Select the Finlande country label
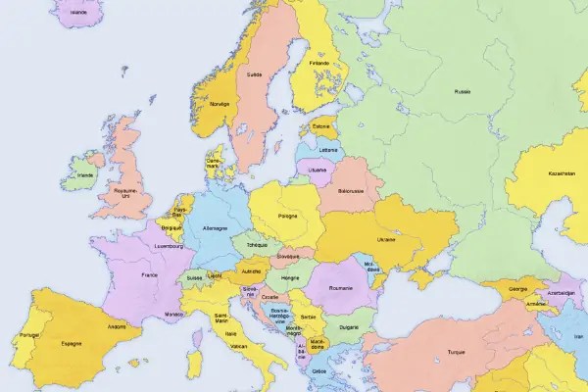point(318,64)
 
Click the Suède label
point(255,74)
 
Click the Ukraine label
point(386,239)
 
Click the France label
point(149,275)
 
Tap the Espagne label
point(71,344)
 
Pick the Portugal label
point(28,336)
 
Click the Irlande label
point(86,175)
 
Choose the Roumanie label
point(340,288)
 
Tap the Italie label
point(231,333)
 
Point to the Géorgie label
point(519,290)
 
